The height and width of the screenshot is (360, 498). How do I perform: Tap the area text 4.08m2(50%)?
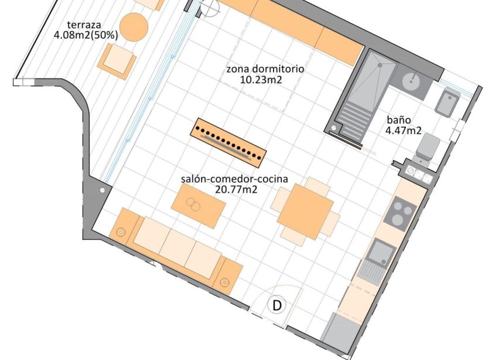pos(86,35)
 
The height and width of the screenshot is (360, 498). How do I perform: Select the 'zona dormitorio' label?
pos(265,69)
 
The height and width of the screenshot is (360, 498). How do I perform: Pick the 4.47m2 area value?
pos(404,131)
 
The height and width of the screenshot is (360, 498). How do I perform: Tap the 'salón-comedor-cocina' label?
pos(234,179)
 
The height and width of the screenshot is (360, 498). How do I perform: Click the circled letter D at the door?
pos(277,305)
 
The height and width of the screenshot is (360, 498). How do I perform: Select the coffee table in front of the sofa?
pos(199,206)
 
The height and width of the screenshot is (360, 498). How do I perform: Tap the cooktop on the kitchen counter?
pos(401,213)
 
